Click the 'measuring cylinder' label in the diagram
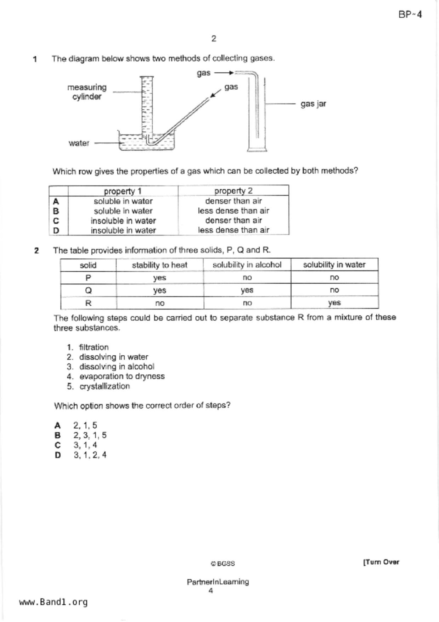pyautogui.click(x=87, y=92)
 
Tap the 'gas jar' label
pyautogui.click(x=313, y=104)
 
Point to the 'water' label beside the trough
pyautogui.click(x=79, y=143)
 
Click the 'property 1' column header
pyautogui.click(x=123, y=191)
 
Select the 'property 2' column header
pyautogui.click(x=233, y=191)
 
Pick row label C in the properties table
pyautogui.click(x=56, y=221)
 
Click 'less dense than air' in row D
pyautogui.click(x=233, y=230)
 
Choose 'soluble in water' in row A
pyautogui.click(x=123, y=201)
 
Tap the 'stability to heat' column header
pyautogui.click(x=159, y=265)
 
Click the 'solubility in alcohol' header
pyautogui.click(x=247, y=265)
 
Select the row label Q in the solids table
pyautogui.click(x=88, y=290)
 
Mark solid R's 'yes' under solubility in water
pyautogui.click(x=334, y=303)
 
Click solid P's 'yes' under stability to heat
pyautogui.click(x=159, y=278)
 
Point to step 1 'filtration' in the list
pyautogui.click(x=94, y=347)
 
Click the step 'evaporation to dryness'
pyautogui.click(x=122, y=376)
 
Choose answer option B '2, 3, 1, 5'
pyautogui.click(x=90, y=435)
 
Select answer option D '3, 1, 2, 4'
pyautogui.click(x=90, y=455)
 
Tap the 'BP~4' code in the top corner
pyautogui.click(x=410, y=15)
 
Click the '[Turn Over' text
pyautogui.click(x=381, y=562)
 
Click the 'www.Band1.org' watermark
pyautogui.click(x=53, y=602)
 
